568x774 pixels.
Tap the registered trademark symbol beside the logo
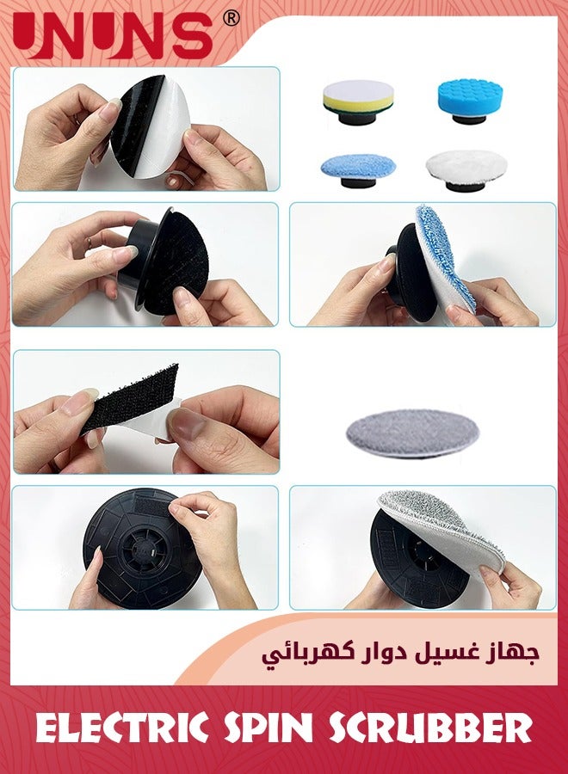point(231,18)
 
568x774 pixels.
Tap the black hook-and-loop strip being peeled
point(129,400)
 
